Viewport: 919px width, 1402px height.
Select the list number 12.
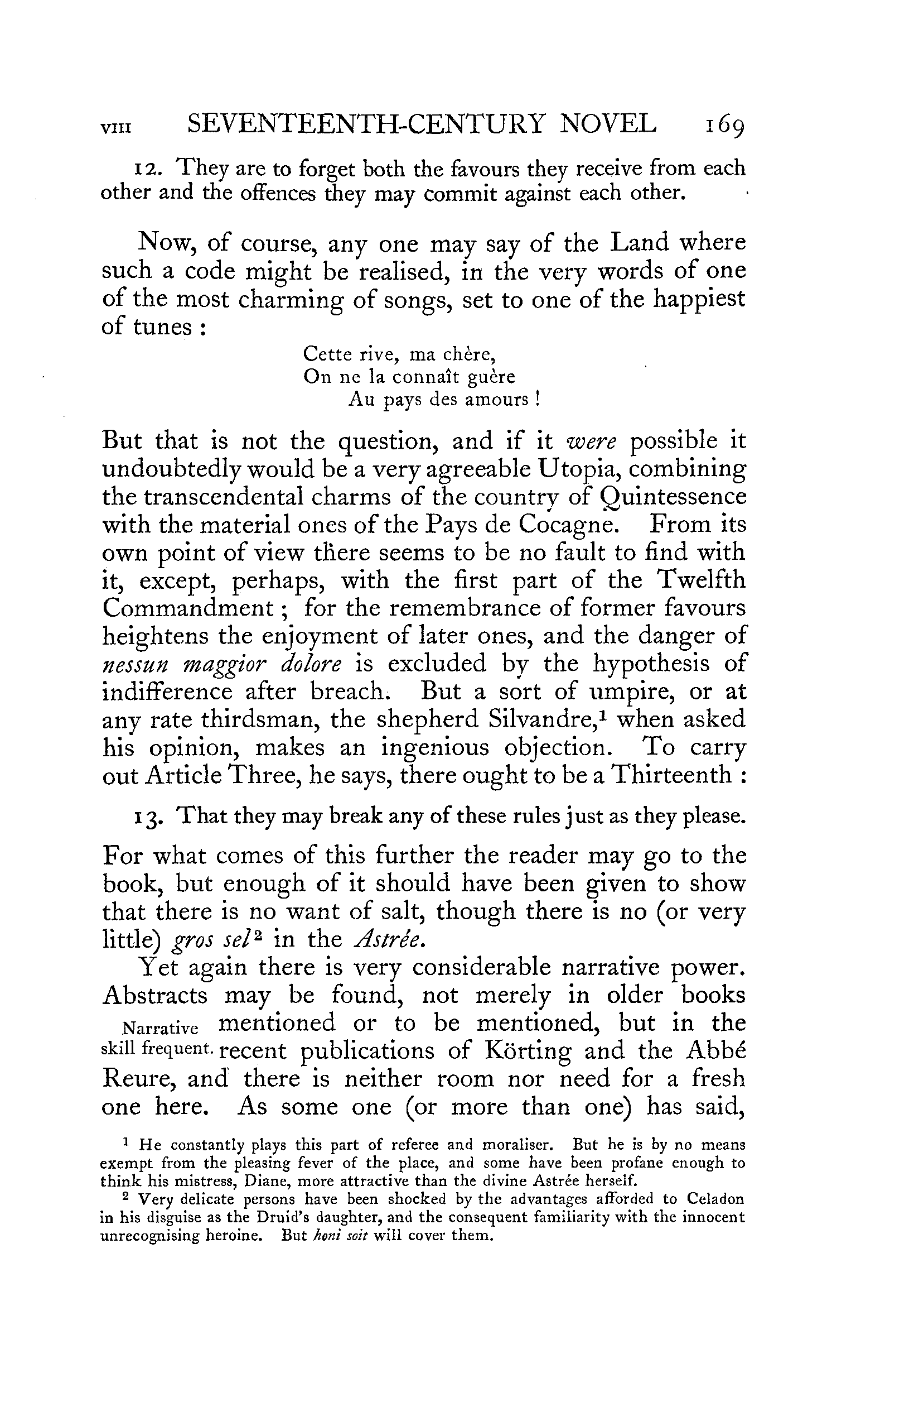143,170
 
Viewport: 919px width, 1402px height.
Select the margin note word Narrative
159,1029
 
